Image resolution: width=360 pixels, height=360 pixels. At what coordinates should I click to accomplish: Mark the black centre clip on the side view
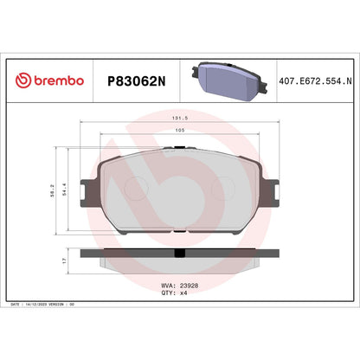pyautogui.click(x=179, y=254)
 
